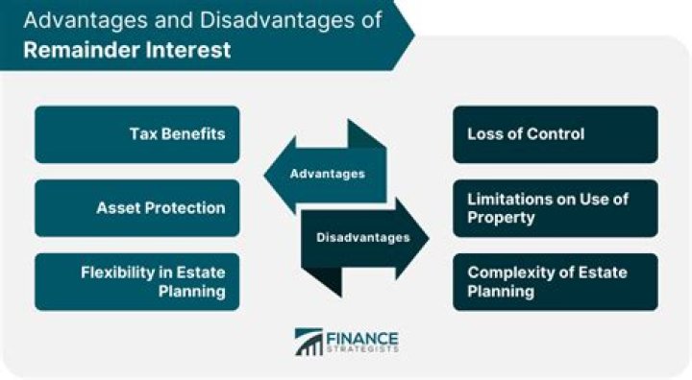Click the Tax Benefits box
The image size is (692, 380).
(x=136, y=134)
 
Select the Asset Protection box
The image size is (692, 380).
(x=136, y=208)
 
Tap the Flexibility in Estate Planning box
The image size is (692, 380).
(x=136, y=282)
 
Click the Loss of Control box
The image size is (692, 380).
(x=556, y=134)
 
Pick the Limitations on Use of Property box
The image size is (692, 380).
(x=556, y=208)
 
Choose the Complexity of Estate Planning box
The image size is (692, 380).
(x=556, y=282)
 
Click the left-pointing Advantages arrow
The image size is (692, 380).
(x=322, y=174)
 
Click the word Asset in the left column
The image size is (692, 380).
(x=117, y=208)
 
